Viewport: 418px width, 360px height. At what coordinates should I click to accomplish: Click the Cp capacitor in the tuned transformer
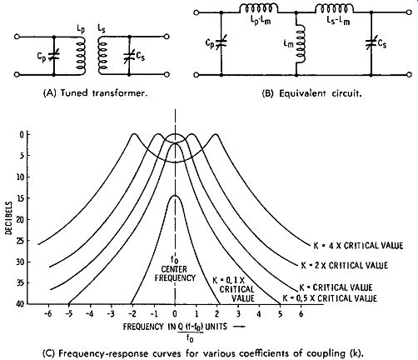coord(54,57)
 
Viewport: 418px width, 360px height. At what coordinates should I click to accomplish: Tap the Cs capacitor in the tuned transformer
coord(129,57)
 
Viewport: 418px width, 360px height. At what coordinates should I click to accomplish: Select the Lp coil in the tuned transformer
coord(81,56)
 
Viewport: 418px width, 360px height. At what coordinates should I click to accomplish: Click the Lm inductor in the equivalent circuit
coord(301,44)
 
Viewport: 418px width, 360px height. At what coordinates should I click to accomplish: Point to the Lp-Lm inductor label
coord(258,21)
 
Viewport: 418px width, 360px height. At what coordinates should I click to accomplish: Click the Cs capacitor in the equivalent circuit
coord(371,43)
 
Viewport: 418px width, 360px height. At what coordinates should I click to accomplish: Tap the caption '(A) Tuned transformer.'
coord(95,93)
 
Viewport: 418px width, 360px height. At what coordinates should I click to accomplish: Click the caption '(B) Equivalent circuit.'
coord(311,93)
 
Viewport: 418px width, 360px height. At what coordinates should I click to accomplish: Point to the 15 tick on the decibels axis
coord(23,198)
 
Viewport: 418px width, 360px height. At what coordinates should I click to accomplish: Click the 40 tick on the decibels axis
coord(22,303)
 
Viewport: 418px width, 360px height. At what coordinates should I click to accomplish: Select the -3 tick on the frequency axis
coord(111,314)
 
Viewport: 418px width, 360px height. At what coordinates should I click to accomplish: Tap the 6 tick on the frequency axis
coord(301,314)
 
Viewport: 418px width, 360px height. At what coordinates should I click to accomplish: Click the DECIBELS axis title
coord(9,218)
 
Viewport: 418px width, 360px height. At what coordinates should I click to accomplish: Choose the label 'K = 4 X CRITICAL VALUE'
coord(358,246)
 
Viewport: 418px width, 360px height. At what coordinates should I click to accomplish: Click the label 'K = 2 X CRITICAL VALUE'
coord(345,265)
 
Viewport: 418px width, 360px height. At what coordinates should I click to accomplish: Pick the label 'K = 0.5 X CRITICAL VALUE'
coord(330,298)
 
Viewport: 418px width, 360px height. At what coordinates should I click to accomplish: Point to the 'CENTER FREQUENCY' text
coord(175,273)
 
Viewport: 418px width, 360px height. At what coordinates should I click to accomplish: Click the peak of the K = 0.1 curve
coord(175,196)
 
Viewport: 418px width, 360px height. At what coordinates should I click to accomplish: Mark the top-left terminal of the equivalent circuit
coord(197,12)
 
